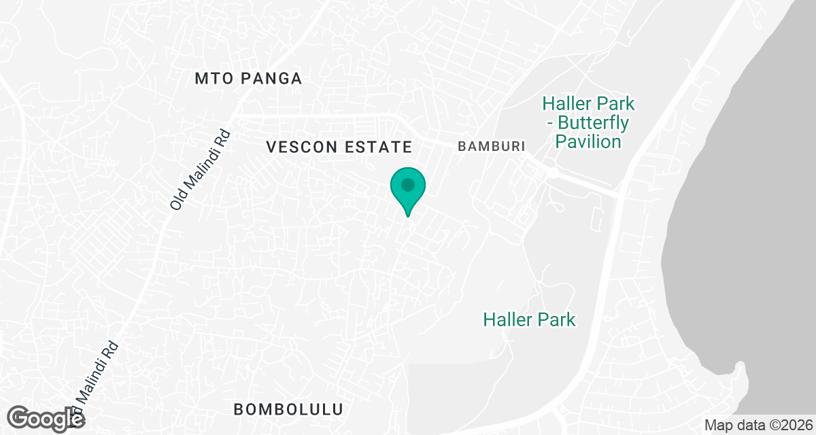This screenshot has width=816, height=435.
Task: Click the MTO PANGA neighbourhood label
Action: (x=248, y=79)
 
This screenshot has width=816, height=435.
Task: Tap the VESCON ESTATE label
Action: (x=339, y=147)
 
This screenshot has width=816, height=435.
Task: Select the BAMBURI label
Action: (x=492, y=146)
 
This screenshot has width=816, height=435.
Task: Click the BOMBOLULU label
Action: (x=288, y=409)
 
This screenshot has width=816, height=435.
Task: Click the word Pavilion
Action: (x=588, y=141)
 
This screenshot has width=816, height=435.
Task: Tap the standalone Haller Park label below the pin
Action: (x=529, y=319)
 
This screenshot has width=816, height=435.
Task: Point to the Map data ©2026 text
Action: (x=758, y=425)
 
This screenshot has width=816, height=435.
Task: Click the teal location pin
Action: (x=407, y=190)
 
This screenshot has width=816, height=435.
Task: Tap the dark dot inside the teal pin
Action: (x=407, y=184)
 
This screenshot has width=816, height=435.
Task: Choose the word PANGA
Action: (x=271, y=79)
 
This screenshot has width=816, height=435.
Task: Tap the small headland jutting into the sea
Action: (x=740, y=370)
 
